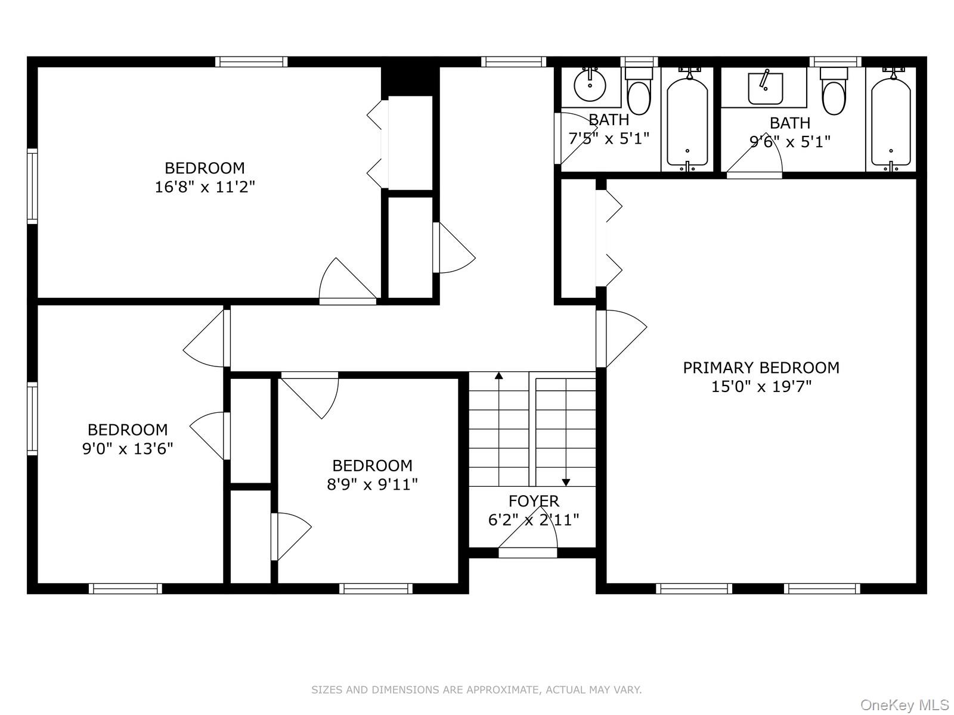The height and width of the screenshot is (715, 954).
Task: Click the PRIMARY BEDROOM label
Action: click(761, 368)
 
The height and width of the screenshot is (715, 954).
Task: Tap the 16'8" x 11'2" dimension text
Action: click(205, 187)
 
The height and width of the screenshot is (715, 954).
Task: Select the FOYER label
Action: click(533, 501)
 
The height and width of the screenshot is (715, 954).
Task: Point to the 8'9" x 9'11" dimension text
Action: click(372, 484)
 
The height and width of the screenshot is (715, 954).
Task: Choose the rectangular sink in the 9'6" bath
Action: click(765, 89)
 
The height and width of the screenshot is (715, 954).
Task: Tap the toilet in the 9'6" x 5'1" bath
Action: click(834, 91)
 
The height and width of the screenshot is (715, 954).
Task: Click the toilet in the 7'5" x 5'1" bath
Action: click(639, 91)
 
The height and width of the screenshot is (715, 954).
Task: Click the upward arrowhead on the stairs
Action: click(499, 376)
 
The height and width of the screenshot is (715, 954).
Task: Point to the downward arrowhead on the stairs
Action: click(566, 482)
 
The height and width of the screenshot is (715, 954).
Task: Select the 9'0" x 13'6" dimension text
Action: click(128, 449)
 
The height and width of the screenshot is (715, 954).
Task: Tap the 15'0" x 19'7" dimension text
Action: click(761, 386)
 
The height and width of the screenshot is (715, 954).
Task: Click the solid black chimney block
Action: click(410, 81)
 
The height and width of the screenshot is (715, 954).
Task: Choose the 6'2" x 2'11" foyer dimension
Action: click(533, 520)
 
